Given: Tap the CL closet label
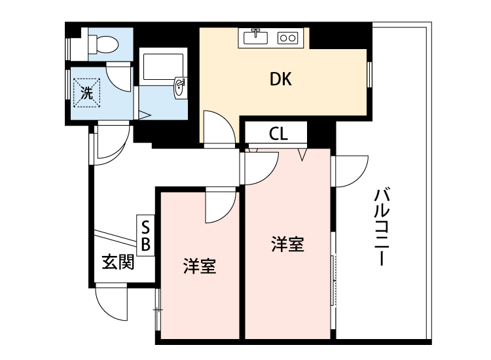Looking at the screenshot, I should [278, 134].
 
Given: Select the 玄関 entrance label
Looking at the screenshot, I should [118, 262].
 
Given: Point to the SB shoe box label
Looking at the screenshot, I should [146, 236].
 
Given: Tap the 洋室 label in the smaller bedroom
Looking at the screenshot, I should [200, 266].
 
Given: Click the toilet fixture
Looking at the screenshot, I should [103, 45].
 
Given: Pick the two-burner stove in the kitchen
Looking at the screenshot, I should [288, 38].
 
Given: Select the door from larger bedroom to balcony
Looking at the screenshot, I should [350, 171].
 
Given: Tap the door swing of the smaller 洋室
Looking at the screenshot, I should [219, 205].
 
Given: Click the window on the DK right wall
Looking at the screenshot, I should [370, 73].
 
